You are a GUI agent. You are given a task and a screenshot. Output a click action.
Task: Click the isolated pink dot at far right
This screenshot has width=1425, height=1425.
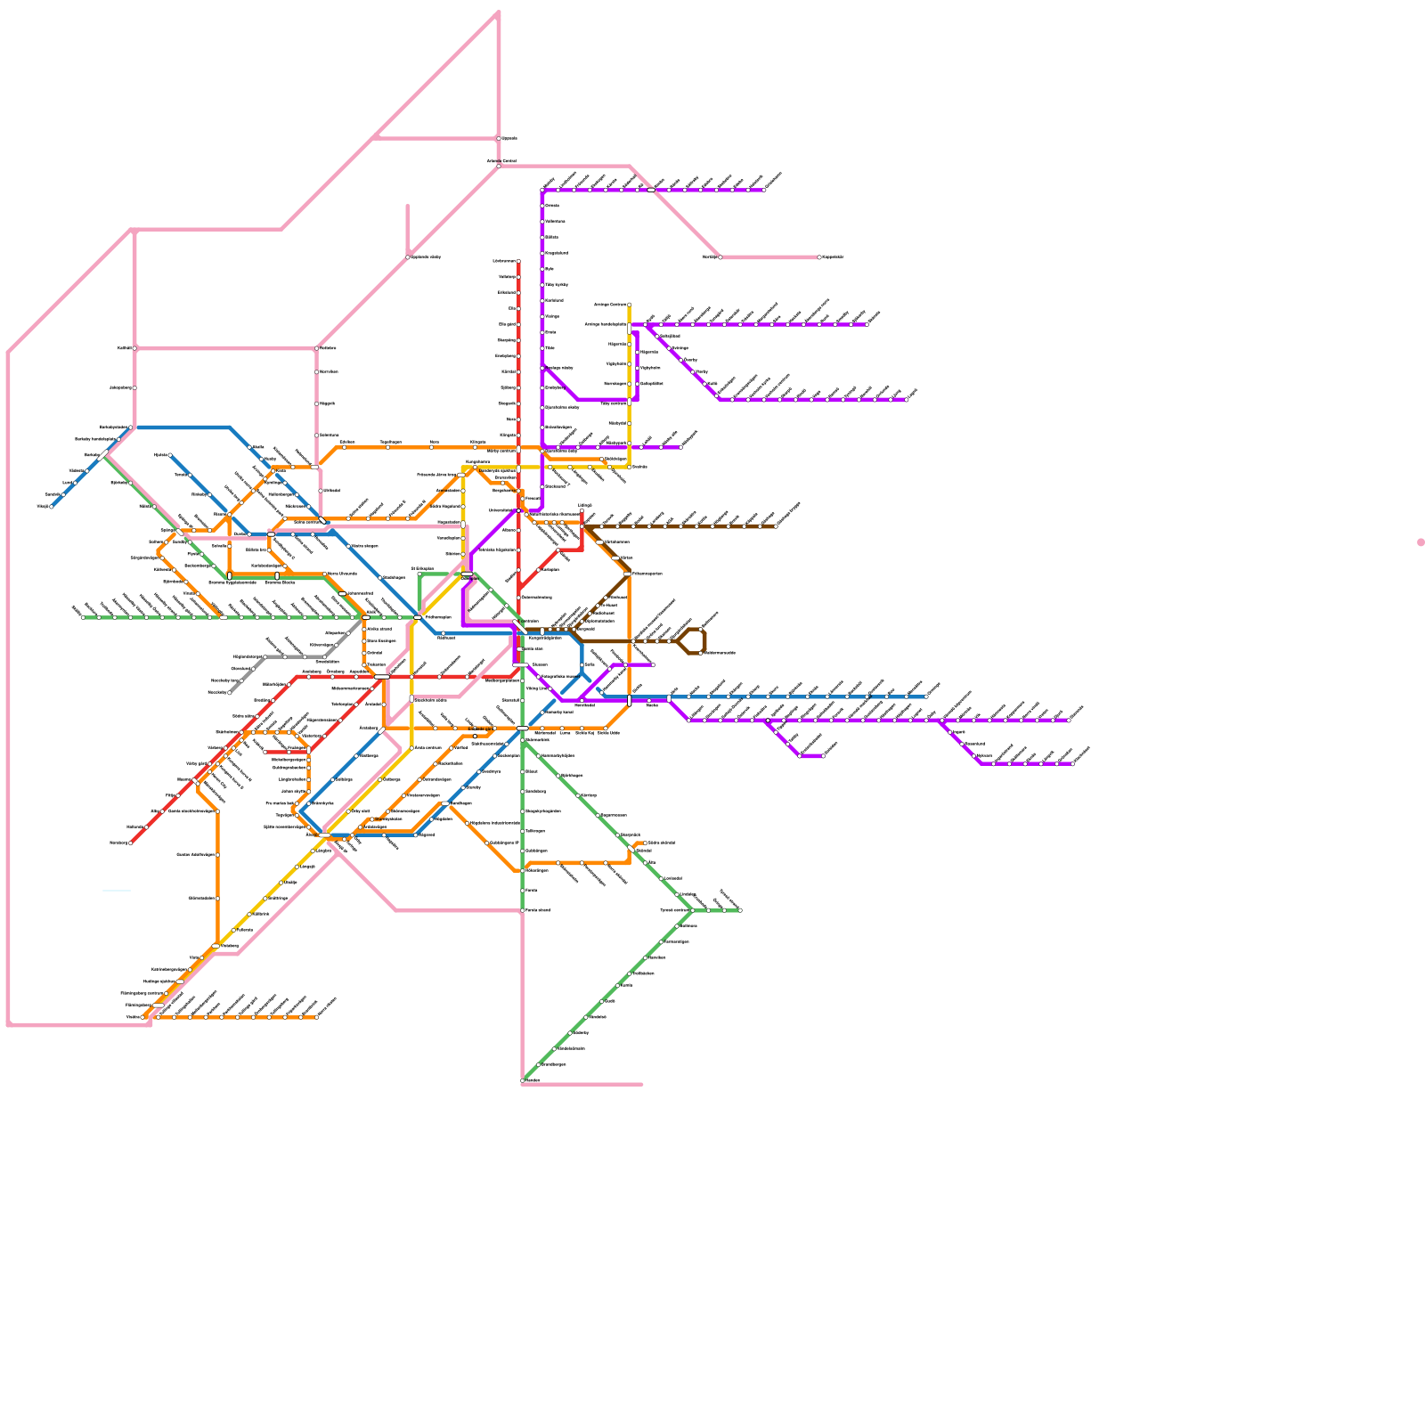(1421, 542)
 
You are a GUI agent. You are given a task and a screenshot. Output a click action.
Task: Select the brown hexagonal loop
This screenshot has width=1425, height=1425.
(691, 641)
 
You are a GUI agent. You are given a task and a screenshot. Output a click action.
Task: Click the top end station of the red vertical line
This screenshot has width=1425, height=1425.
(518, 261)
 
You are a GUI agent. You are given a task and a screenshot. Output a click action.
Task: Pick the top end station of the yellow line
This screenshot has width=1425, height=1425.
(629, 305)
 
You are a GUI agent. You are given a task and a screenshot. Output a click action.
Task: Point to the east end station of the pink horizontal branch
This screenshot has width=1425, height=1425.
(819, 257)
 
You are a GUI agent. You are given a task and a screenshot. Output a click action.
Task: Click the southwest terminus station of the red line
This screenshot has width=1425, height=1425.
(131, 843)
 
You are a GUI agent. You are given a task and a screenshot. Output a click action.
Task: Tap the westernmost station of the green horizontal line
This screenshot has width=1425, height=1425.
(83, 616)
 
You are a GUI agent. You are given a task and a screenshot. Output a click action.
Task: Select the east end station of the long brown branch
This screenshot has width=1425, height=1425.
(776, 526)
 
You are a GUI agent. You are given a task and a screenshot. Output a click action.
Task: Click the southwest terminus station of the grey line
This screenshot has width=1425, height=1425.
(229, 692)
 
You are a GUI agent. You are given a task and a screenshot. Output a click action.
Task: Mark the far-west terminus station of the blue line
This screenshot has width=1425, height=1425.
(51, 507)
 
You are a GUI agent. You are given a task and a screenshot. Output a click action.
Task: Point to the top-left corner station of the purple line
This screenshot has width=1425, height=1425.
(542, 191)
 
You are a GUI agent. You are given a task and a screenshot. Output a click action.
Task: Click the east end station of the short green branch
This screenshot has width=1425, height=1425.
(740, 910)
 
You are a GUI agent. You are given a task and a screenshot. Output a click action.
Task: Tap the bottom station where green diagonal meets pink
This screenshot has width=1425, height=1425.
(523, 1080)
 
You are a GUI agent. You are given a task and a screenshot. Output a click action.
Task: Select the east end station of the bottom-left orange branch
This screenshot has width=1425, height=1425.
(316, 1017)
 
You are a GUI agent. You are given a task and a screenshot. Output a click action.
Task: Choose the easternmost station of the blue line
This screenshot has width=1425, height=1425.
(926, 696)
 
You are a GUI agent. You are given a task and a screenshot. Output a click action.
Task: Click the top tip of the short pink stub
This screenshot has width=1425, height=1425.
(408, 206)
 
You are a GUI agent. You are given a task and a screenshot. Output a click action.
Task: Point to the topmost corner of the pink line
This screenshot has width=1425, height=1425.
(499, 12)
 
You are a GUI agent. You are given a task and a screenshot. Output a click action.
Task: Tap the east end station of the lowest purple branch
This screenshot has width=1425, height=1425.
(1072, 763)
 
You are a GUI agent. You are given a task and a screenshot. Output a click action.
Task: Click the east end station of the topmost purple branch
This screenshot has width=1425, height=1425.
(764, 190)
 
